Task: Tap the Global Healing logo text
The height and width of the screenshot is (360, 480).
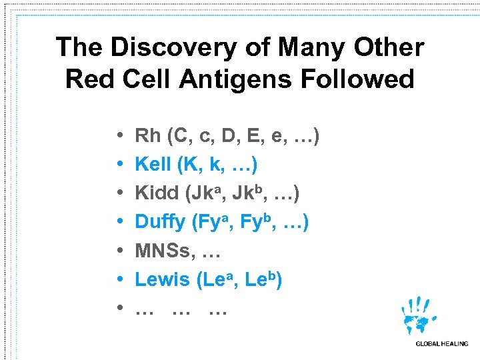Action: click(x=441, y=344)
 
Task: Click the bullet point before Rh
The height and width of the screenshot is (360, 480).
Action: click(x=117, y=137)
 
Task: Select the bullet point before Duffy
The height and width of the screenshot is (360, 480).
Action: click(x=117, y=223)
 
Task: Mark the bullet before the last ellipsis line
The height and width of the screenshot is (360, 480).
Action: click(x=117, y=309)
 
